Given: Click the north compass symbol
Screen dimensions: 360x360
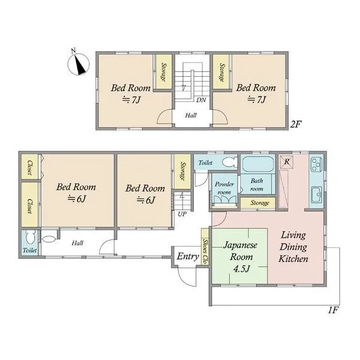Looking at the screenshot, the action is tap(79, 62).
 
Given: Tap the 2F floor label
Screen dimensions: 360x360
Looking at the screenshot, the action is tap(295, 124).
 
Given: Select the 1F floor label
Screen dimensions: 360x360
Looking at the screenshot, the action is tap(334, 310).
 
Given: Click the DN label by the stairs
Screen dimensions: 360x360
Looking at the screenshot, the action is tap(201, 100).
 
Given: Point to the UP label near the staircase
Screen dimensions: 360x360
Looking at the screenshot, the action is tap(182, 214).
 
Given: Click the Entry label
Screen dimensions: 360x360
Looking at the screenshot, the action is tap(188, 256).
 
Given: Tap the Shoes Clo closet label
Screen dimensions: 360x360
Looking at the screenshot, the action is tap(205, 251).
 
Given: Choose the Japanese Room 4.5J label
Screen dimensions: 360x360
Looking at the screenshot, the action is tap(241, 257).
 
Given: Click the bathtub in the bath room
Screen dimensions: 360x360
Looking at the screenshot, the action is tap(258, 164).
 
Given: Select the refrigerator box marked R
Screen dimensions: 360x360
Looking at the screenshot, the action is tap(287, 161).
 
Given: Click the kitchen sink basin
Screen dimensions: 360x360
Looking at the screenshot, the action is tap(317, 194).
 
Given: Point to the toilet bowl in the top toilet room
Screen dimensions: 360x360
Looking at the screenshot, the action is tap(230, 162).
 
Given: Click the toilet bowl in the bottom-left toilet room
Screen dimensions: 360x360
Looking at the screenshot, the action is tap(30, 237).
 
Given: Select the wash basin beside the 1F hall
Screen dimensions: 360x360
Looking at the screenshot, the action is tap(49, 239).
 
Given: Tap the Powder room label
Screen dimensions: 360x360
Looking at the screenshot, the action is tap(224, 188).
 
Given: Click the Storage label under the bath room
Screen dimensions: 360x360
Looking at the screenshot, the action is tap(260, 203).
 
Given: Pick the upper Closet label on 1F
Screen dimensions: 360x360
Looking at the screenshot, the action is tap(30, 167).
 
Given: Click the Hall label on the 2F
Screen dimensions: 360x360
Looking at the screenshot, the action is tap(191, 115).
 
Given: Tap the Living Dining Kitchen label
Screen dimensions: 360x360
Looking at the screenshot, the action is tap(293, 247).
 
